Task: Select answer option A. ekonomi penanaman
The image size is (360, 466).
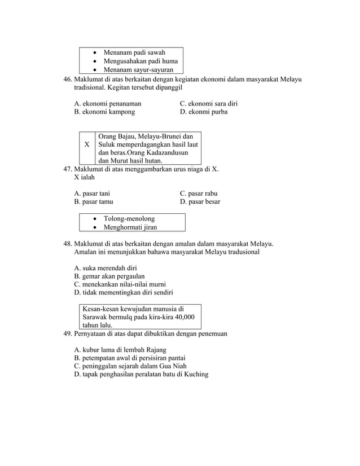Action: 108,104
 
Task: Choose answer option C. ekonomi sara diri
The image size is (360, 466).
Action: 208,104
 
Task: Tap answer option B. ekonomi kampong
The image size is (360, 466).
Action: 104,112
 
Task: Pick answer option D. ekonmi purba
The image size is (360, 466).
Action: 204,112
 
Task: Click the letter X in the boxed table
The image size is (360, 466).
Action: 86,144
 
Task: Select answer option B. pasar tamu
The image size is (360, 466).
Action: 93,201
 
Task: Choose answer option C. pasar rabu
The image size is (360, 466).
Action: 199,193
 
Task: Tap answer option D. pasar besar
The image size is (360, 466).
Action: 200,201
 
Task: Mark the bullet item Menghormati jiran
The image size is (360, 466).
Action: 130,227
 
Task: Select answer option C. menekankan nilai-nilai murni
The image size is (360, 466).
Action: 120,284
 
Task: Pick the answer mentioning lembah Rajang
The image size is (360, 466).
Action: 120,350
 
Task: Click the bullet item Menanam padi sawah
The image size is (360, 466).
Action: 134,52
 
